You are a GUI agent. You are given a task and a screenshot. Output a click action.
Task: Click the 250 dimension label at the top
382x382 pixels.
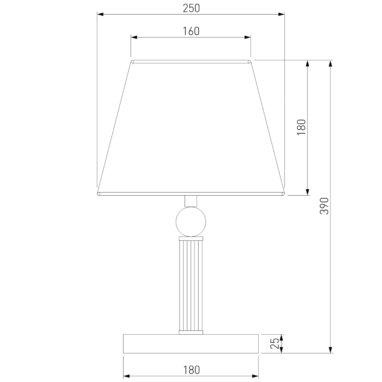191,8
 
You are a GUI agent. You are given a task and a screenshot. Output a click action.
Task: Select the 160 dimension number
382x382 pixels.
191,31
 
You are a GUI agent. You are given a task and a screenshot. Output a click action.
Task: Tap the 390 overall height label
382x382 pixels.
324,206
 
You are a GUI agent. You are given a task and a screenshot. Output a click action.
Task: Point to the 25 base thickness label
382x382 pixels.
275,343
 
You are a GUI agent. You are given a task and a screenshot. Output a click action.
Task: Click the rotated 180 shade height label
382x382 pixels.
301,128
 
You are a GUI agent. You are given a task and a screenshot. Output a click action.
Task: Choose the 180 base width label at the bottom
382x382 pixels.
191,370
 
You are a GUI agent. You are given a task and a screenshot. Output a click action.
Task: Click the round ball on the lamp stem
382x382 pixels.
191,222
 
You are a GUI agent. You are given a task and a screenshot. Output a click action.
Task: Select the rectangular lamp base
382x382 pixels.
191,343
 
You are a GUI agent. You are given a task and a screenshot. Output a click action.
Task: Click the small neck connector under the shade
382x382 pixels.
191,201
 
